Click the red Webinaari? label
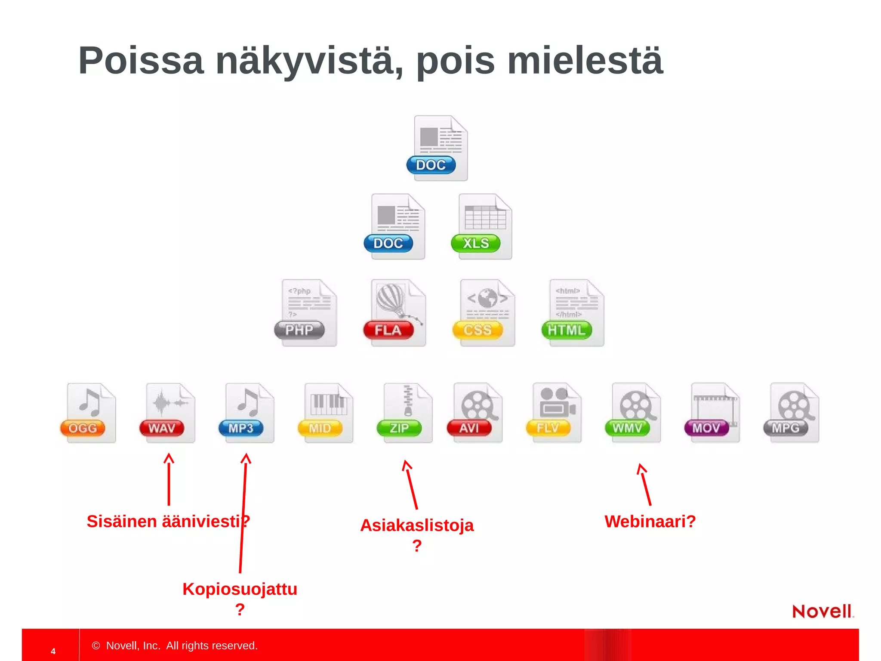650,522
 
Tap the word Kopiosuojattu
240,589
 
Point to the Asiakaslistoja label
417,525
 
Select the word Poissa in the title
141,61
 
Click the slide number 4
53,651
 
